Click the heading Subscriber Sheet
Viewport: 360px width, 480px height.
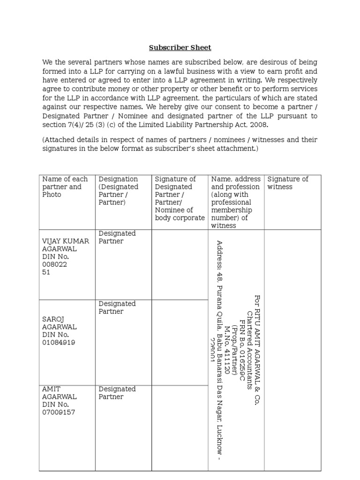180,48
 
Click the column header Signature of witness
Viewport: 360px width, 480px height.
288,183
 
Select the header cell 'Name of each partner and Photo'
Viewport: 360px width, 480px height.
65,187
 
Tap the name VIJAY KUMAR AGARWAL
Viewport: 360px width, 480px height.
66,245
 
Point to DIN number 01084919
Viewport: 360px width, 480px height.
59,342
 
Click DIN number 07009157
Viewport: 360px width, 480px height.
59,412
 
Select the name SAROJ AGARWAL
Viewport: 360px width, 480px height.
60,323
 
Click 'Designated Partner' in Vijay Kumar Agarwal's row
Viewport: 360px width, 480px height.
117,237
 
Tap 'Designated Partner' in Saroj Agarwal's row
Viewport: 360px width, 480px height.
117,307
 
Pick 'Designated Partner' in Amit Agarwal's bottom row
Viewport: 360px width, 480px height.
117,393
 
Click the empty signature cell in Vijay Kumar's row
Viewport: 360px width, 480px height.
180,265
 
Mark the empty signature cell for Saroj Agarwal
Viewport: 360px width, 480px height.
180,342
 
